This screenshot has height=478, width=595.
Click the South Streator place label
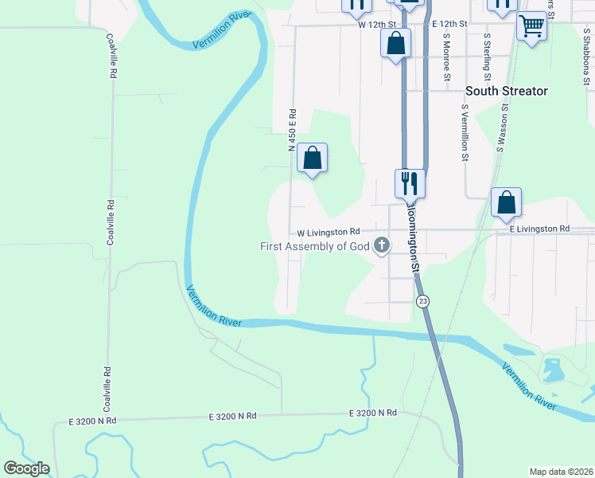click(x=506, y=91)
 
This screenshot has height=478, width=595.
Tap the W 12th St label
click(x=377, y=25)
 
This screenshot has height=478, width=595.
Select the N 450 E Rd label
click(x=293, y=131)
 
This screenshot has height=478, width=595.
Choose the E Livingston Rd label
click(x=539, y=229)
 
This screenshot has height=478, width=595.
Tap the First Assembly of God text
click(x=315, y=246)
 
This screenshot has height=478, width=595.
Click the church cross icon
click(x=382, y=245)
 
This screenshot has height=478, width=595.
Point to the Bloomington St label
click(x=413, y=236)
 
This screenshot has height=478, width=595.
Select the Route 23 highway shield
click(x=422, y=301)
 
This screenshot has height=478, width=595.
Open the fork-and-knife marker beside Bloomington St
click(x=410, y=183)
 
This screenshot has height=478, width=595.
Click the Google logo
click(x=26, y=468)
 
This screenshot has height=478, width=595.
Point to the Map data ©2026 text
click(x=560, y=471)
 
